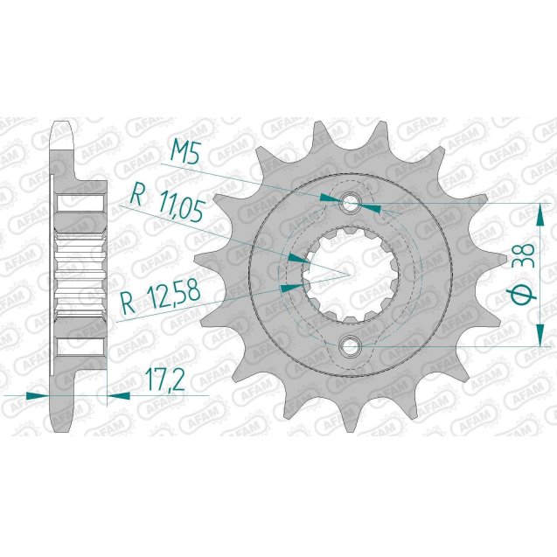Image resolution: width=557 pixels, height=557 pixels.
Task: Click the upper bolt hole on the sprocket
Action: [352, 204]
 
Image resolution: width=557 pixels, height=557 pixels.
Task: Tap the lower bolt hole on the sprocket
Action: [352, 346]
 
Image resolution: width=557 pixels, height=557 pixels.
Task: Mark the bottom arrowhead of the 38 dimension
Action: [535, 338]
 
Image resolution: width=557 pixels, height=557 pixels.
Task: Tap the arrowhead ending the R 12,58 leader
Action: [289, 285]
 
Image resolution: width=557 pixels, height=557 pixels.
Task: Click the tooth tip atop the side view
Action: [62, 129]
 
